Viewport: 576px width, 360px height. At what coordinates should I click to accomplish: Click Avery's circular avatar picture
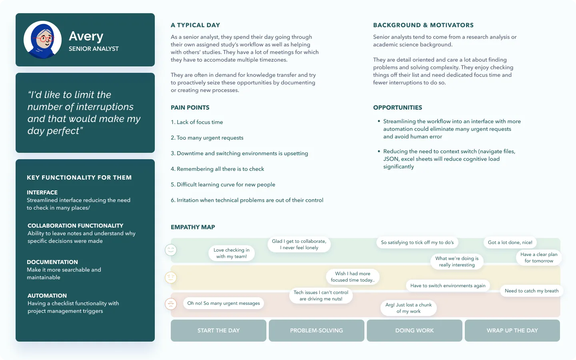42,40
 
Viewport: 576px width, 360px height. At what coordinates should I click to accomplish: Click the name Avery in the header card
86,36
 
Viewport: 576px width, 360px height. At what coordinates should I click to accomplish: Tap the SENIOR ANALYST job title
94,49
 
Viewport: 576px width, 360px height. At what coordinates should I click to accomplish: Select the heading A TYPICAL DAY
195,25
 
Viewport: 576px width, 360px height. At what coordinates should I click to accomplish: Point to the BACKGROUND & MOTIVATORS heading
423,25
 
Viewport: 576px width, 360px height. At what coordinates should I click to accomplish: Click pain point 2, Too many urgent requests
207,138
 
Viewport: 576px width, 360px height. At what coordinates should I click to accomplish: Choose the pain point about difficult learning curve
223,184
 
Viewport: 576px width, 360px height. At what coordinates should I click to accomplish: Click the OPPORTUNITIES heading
398,108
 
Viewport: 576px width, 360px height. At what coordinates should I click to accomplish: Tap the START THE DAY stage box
218,330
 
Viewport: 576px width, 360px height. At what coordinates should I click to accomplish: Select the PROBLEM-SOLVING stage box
316,330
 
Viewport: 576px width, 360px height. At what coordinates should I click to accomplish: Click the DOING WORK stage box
414,330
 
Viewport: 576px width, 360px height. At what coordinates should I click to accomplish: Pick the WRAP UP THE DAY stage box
512,330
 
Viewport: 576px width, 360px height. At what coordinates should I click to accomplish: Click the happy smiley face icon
171,250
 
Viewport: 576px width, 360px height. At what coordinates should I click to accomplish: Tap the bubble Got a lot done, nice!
510,242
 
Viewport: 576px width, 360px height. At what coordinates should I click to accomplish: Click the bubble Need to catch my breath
532,291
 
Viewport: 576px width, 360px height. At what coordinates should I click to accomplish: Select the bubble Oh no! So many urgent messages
224,303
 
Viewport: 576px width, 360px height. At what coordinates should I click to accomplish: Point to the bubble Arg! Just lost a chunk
408,308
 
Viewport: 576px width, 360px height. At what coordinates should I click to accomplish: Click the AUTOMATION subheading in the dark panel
47,296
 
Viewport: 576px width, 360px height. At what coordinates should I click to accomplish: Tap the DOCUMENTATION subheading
52,262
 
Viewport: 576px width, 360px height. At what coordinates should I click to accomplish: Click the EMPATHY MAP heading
193,227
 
